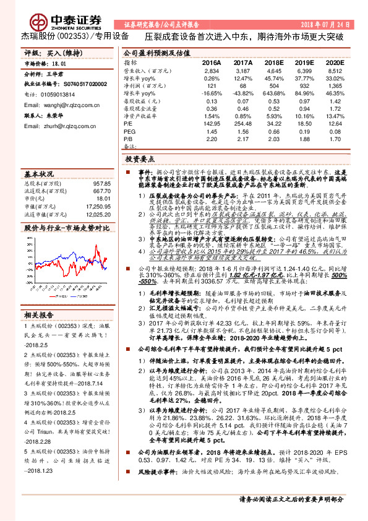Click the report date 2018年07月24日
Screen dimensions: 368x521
[327, 24]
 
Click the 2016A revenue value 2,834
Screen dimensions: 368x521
[212, 72]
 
